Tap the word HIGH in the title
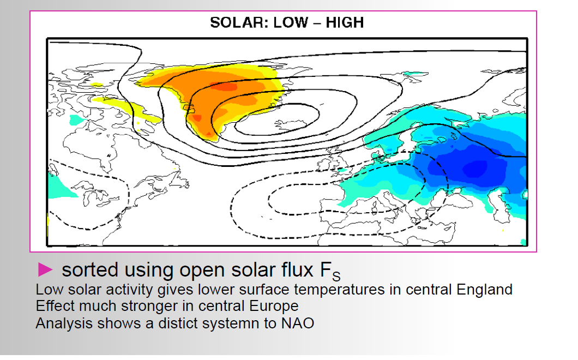click(345, 22)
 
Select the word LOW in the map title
click(291, 22)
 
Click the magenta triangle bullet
click(45, 269)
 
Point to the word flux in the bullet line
click(297, 269)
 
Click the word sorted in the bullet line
click(89, 270)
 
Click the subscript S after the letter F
click(336, 277)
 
